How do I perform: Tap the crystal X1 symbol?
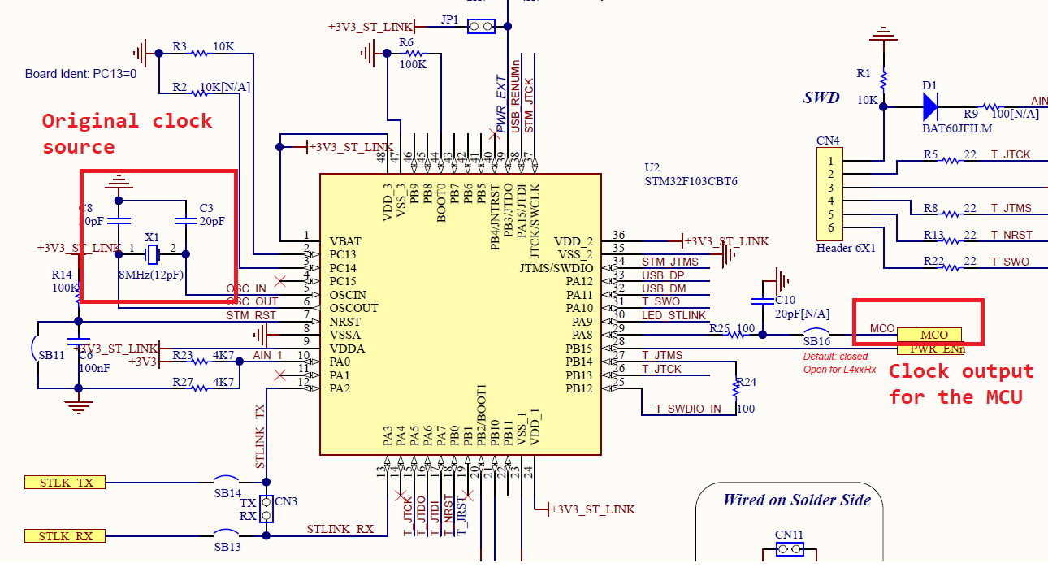tap(151, 254)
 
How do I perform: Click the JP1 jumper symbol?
tap(480, 27)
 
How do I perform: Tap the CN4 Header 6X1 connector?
tap(829, 194)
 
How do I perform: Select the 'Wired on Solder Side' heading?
tap(796, 500)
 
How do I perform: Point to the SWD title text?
tap(821, 97)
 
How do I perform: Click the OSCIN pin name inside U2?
tap(348, 295)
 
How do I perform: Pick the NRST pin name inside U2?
tap(345, 322)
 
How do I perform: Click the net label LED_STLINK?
tap(673, 315)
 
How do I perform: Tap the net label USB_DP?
tap(663, 275)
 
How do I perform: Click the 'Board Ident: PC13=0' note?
tap(80, 74)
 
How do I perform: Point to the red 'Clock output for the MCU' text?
tap(960, 383)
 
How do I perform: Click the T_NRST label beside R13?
tap(1011, 235)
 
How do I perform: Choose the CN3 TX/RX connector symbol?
tap(266, 509)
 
